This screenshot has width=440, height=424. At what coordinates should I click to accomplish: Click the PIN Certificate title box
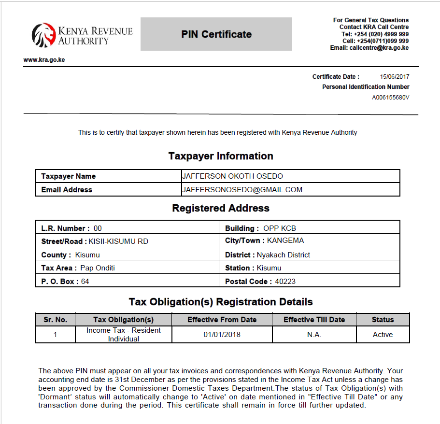216,34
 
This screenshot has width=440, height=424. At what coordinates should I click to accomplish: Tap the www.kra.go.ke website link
44,60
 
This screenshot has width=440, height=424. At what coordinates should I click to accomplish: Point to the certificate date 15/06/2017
395,77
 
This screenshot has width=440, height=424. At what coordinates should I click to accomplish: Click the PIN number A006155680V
390,97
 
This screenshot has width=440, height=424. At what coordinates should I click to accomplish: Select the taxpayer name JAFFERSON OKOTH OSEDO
232,176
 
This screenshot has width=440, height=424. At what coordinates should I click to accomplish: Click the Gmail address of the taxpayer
242,190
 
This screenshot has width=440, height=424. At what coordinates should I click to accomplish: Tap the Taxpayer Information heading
221,156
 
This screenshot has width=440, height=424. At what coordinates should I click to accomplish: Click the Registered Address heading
221,209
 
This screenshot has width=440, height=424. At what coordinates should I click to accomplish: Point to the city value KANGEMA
285,240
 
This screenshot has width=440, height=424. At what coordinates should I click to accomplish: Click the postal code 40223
285,281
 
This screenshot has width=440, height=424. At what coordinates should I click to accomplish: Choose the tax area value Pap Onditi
98,268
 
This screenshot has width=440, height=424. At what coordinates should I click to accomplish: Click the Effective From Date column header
222,320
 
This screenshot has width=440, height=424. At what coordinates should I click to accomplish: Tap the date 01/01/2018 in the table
222,335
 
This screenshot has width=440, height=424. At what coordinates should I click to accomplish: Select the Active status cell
383,335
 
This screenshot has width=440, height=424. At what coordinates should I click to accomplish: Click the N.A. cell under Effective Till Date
314,335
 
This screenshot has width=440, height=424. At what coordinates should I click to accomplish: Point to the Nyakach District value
284,254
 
